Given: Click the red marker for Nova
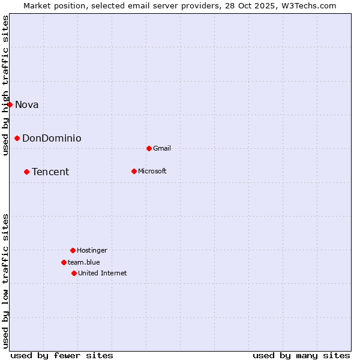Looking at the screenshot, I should [x=10, y=104].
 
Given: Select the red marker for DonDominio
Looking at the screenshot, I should [x=17, y=138].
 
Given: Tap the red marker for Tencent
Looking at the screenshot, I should [x=26, y=172].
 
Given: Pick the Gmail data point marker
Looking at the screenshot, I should [x=149, y=148].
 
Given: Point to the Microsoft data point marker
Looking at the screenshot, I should [x=134, y=171].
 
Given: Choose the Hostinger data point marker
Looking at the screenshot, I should [x=73, y=250].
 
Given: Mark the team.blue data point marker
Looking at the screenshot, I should [x=64, y=262].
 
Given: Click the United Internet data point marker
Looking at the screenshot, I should [x=74, y=273].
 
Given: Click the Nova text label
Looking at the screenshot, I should [x=27, y=104].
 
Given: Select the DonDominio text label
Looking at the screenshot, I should [x=52, y=138].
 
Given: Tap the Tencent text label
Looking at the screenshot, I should [x=50, y=172].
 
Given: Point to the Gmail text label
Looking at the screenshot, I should [x=162, y=148].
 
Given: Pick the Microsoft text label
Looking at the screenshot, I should [x=152, y=171].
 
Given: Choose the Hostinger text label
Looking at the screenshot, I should [x=92, y=250].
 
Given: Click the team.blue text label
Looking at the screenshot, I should [x=84, y=262].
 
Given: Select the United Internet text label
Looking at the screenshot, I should [x=103, y=273].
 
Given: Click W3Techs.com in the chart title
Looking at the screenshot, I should [x=309, y=5].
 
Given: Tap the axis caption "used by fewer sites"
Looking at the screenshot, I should [x=62, y=355].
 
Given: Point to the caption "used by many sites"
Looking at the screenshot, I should [x=301, y=355].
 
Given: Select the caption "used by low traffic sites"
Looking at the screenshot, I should [x=5, y=281].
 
